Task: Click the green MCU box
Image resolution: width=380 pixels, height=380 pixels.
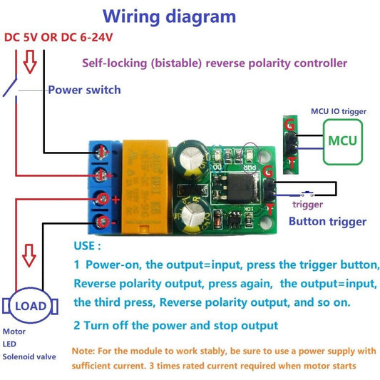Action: click(343, 140)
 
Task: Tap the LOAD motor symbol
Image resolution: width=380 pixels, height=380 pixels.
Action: click(31, 307)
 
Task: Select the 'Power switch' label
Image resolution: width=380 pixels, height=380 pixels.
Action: click(84, 90)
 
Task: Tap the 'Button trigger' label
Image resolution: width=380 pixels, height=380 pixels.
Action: click(327, 222)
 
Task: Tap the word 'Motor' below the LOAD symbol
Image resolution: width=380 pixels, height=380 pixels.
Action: click(14, 332)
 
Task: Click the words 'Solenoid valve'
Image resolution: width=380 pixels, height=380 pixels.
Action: click(29, 356)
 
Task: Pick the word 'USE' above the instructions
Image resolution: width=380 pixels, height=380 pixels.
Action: click(88, 245)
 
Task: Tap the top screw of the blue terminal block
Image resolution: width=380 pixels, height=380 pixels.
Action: click(103, 151)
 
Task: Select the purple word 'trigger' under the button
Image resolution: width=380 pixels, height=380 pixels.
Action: click(308, 205)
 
